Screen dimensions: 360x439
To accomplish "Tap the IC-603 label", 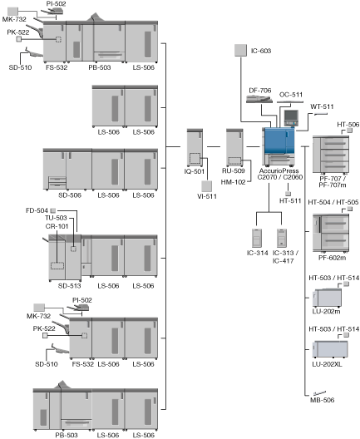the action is pos(261,51).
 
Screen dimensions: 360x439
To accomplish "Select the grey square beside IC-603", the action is pos(240,51).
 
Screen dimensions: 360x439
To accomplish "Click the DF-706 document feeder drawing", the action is pos(259,99).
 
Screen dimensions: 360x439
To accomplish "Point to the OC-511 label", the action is pos(291,95).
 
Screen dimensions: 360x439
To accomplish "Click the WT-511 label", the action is pos(322,106).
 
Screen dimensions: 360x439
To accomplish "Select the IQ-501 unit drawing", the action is pos(195,147).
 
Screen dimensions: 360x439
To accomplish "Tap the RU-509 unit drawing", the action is pos(234,147).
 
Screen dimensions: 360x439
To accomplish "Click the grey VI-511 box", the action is pos(206,186).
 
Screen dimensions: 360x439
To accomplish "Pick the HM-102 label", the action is pos(233,182).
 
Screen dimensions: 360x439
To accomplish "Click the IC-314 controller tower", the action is pos(257,238).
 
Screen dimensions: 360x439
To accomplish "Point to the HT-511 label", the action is pos(290,200).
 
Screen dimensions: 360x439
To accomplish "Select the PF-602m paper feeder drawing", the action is pos(331,233).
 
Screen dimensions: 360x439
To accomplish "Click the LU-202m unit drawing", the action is pos(327,298).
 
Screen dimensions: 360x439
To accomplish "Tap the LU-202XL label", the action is pos(327,364).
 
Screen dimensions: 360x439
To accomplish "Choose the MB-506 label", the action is pos(322,400).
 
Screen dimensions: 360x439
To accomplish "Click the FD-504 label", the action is pos(37,210).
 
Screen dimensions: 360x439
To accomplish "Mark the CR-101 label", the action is pos(57,226).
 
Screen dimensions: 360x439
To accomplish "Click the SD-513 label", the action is pos(70,286).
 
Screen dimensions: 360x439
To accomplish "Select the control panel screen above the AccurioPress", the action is pos(291,116).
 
